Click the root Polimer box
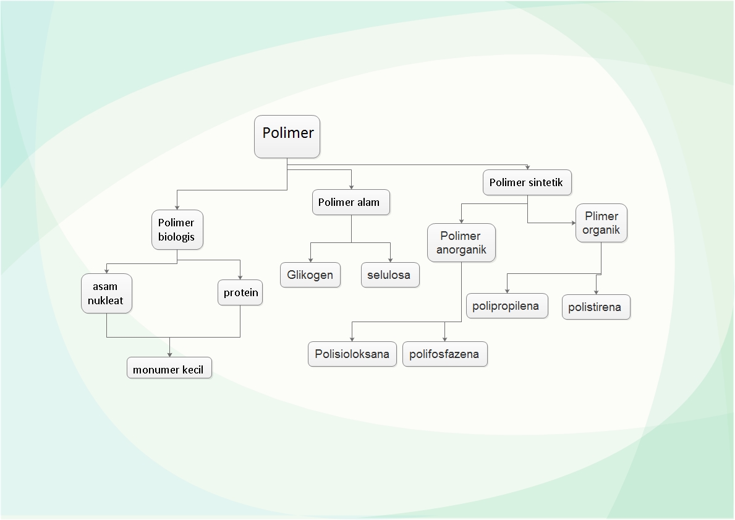click(x=287, y=136)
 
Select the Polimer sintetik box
click(x=527, y=182)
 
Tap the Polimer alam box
click(x=351, y=202)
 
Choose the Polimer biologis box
click(x=177, y=229)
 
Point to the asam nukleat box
click(x=106, y=294)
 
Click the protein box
click(x=240, y=292)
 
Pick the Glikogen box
click(x=310, y=275)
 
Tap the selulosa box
click(x=390, y=275)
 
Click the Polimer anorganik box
click(x=461, y=243)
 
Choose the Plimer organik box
click(x=601, y=223)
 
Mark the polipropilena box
click(x=506, y=306)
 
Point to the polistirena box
click(x=596, y=307)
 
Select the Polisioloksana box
click(x=352, y=354)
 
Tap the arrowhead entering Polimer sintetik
click(x=527, y=168)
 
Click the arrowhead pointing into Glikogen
click(x=310, y=260)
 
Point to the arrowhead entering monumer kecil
click(x=169, y=354)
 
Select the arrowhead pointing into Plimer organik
click(x=572, y=223)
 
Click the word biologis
click(x=176, y=237)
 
